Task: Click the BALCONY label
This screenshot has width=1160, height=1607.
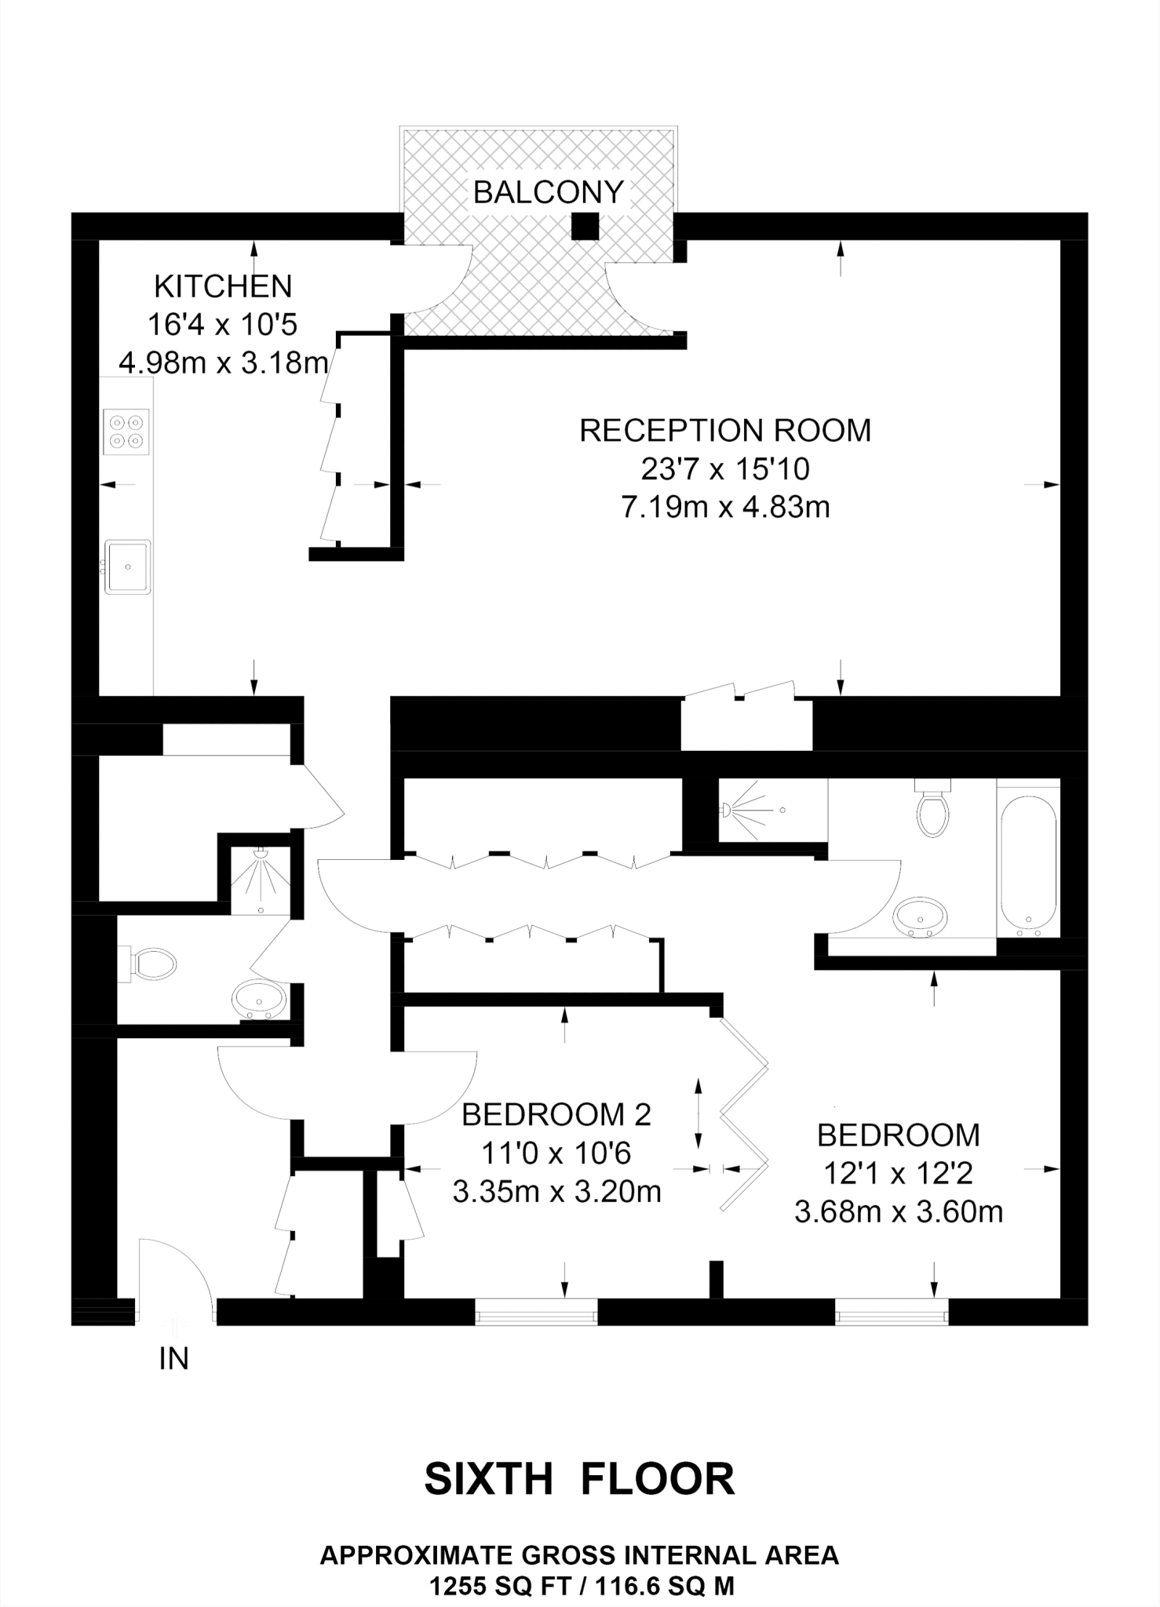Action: pos(548,192)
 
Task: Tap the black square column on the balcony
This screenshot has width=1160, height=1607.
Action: pos(585,227)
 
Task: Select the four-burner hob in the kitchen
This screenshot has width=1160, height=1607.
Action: pos(126,432)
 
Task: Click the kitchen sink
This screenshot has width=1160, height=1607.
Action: pos(127,566)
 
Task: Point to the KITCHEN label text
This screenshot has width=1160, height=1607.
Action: pos(223,286)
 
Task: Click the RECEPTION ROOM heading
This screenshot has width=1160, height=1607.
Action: pos(725,431)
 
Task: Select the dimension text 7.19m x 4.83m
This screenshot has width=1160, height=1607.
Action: pos(725,508)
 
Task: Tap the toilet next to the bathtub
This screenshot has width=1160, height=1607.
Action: pos(932,811)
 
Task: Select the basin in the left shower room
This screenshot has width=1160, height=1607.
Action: pos(258,1000)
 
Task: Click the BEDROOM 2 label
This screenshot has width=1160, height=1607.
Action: pos(556,1114)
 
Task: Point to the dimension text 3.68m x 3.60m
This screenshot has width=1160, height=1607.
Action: pos(899,1212)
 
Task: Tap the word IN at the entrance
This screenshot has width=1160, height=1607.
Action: pos(173,1360)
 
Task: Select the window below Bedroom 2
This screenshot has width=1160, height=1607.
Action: pos(536,1312)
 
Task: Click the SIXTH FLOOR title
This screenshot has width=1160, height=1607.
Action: pos(579,1479)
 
